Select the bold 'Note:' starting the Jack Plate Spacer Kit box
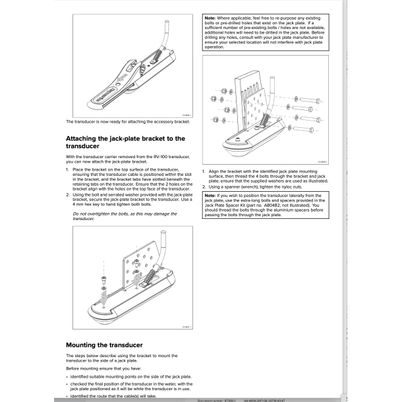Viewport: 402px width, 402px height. [x=212, y=196]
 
